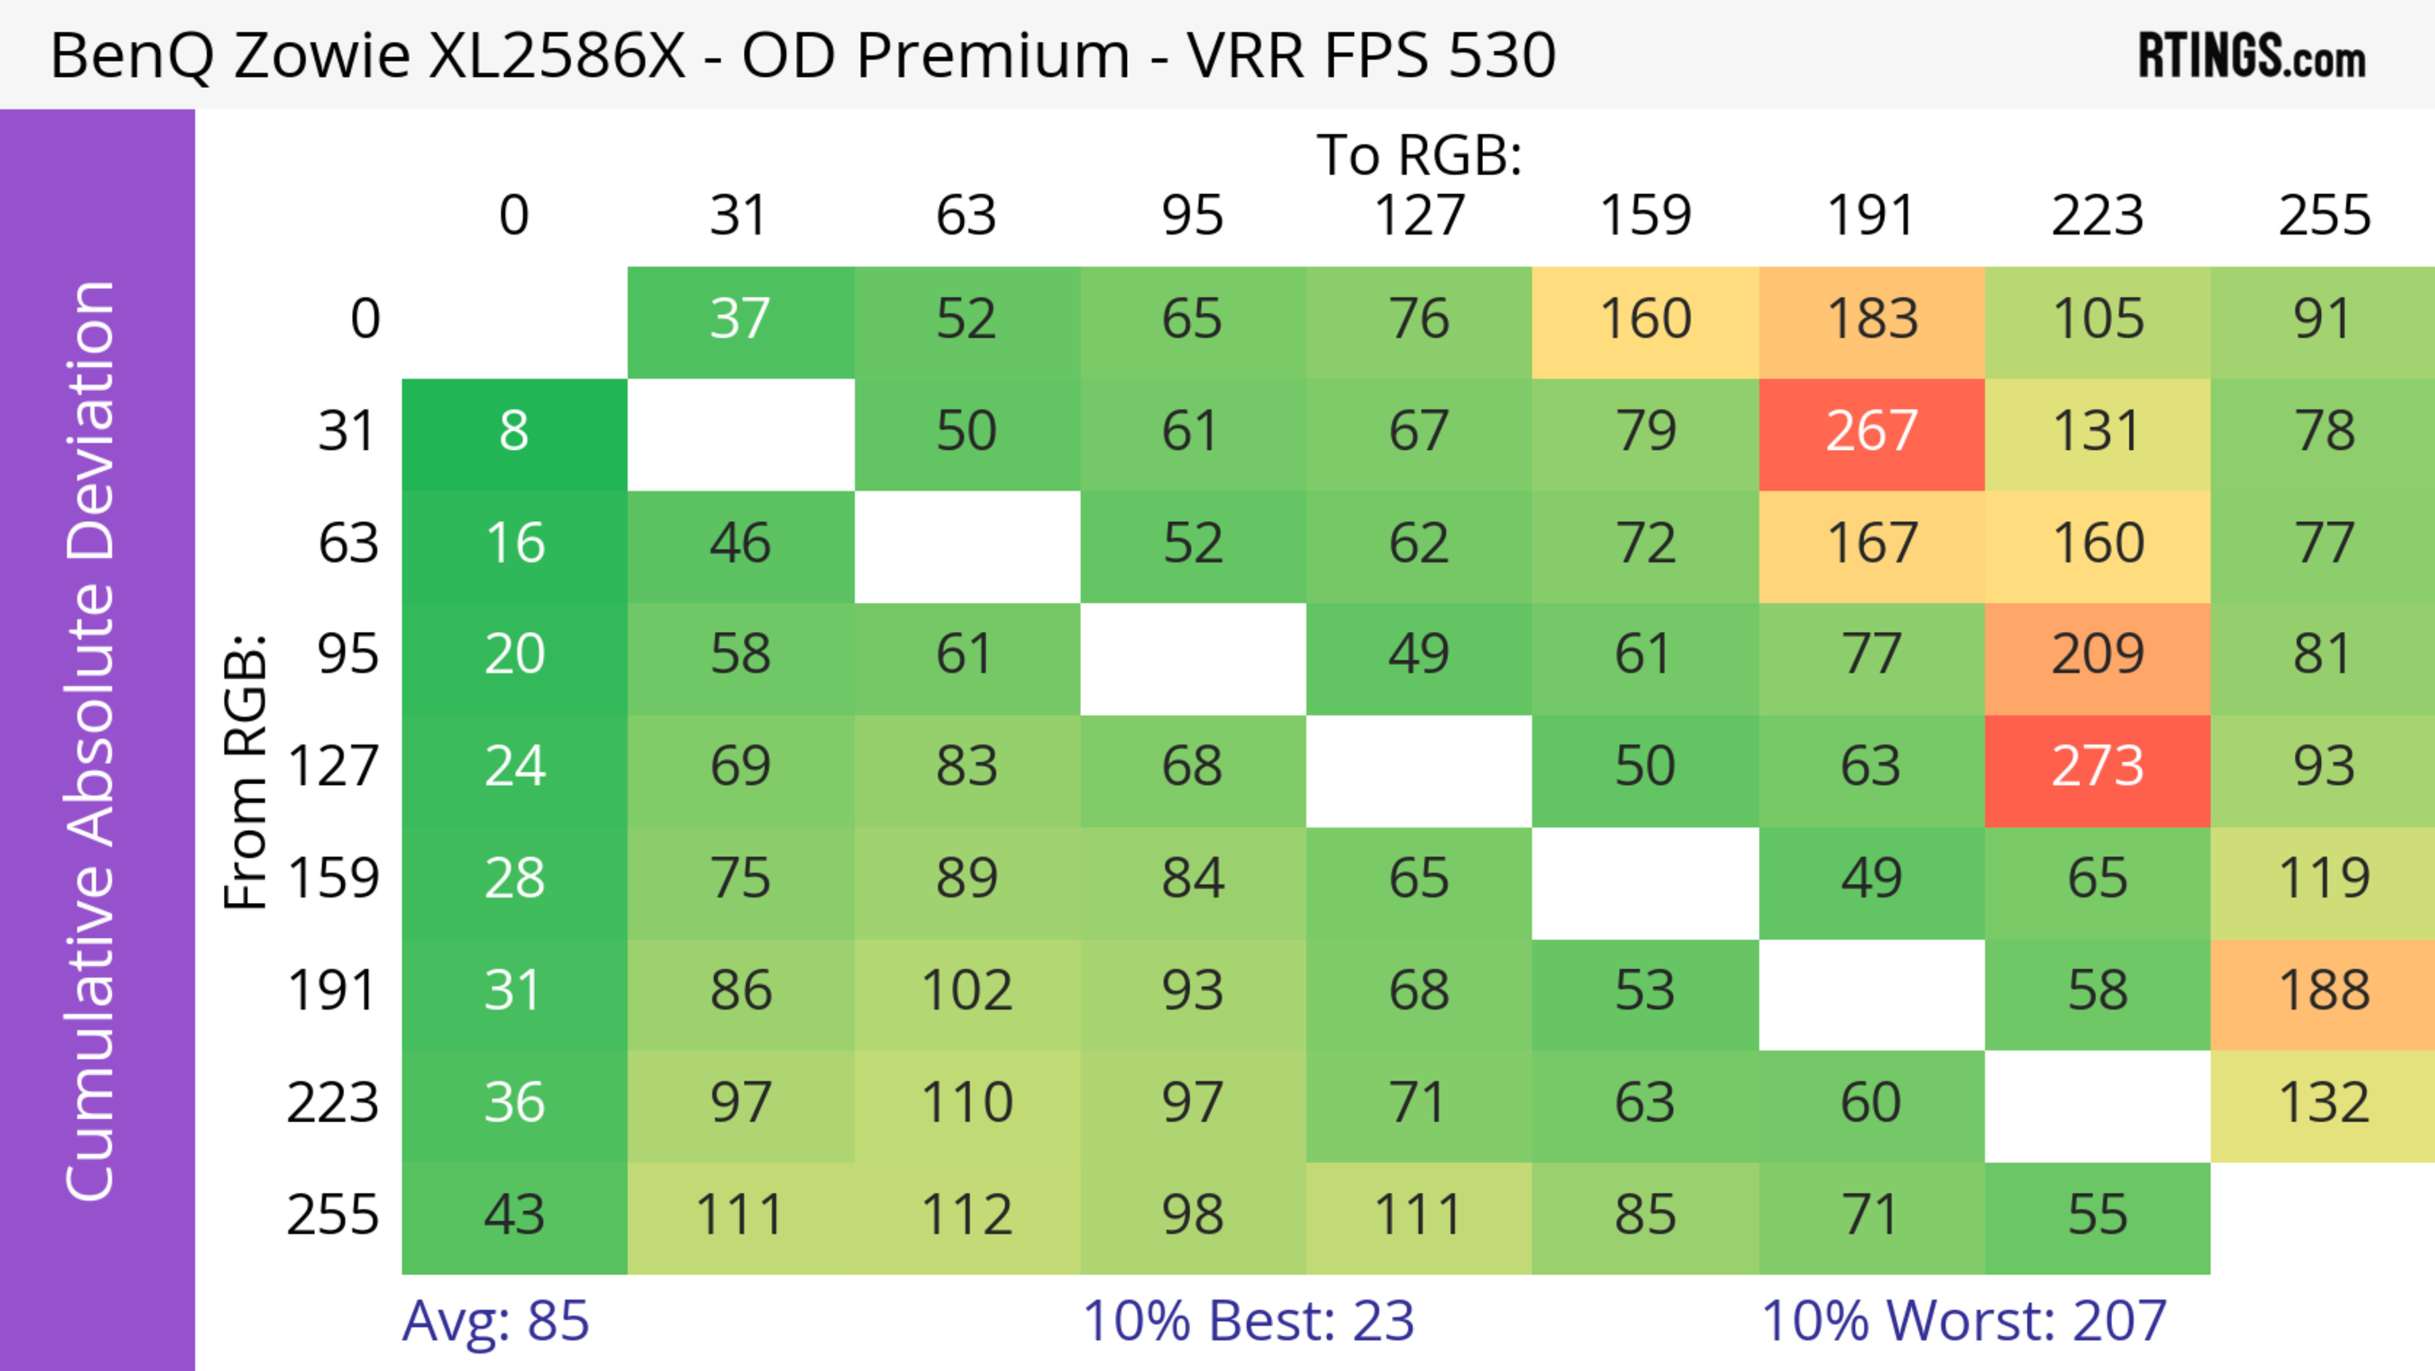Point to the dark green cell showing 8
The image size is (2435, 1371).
pos(514,432)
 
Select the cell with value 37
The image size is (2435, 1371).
pos(740,320)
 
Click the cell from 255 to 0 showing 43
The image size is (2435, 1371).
pos(514,1215)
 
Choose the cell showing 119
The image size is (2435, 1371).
pos(2323,879)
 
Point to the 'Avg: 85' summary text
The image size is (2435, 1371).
pos(495,1321)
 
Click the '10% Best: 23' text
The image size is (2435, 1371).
pos(1248,1321)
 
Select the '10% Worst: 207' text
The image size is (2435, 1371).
pos(1963,1321)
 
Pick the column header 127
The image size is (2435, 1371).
pos(1419,216)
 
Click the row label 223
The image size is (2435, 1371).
pos(333,1103)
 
